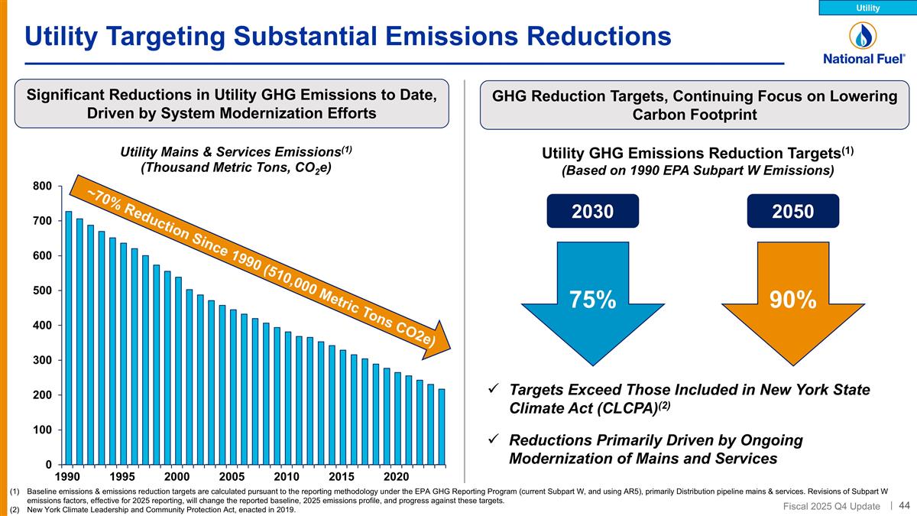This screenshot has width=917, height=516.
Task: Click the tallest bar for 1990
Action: tap(69, 337)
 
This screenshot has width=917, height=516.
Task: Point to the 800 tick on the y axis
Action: tap(42, 186)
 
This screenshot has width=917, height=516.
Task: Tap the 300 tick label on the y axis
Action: tap(42, 360)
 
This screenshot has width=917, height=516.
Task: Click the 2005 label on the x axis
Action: tap(232, 475)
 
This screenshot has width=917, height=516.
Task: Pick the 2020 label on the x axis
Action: tap(397, 475)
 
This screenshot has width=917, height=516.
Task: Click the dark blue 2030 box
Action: tap(593, 211)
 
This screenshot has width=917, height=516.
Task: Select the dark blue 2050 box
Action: tap(793, 211)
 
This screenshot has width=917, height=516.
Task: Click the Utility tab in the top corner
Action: tap(867, 8)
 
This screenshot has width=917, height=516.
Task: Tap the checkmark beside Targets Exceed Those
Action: tap(494, 390)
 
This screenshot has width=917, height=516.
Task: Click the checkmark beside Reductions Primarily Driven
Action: tap(494, 440)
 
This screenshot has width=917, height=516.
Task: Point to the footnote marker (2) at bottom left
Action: tap(11, 510)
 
